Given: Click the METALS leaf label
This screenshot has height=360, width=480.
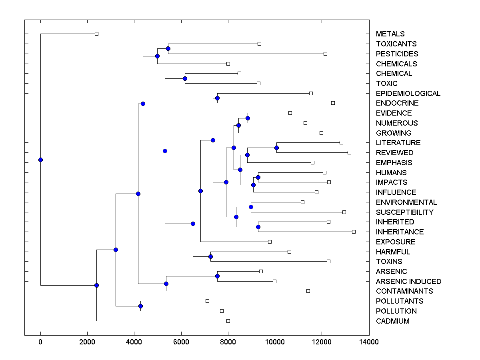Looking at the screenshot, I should coord(390,34).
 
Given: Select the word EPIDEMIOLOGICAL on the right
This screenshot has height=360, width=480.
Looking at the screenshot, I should coord(408,94).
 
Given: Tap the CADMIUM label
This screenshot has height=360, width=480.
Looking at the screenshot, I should coord(392,321).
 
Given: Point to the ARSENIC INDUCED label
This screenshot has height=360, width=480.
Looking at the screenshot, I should coord(408,282).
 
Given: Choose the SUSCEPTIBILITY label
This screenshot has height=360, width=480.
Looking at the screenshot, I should coord(404,212).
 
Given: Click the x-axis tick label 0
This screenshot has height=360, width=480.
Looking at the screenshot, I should coord(40,342).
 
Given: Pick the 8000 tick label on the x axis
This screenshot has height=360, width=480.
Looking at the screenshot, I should coord(228,342).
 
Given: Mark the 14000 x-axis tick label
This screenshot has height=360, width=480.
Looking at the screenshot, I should coord(369,342).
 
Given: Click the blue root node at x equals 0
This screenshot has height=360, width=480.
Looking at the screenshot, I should coord(40,160).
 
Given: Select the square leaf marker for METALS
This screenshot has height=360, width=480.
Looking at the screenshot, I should coord(96,34).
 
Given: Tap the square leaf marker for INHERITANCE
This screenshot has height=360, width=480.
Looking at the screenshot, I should coord(354,232).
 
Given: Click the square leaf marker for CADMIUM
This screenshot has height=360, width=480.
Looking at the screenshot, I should coord(228,321).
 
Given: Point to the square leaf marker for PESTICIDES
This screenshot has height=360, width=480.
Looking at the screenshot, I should coord(325,54).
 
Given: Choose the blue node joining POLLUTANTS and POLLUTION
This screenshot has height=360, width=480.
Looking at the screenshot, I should coord(140,306).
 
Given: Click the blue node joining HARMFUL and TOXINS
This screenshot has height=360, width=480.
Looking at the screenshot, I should coord(210,256).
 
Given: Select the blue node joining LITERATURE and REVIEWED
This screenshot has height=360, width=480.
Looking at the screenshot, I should coord(276,148).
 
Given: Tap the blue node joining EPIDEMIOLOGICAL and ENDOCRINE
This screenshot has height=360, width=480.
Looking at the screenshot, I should coord(217,98).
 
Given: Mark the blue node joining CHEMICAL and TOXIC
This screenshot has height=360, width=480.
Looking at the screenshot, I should coord(185,78).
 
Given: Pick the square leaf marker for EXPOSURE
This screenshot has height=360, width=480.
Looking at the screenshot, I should coord(270,242).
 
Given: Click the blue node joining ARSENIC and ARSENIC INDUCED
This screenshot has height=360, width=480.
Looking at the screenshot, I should coord(217,276).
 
